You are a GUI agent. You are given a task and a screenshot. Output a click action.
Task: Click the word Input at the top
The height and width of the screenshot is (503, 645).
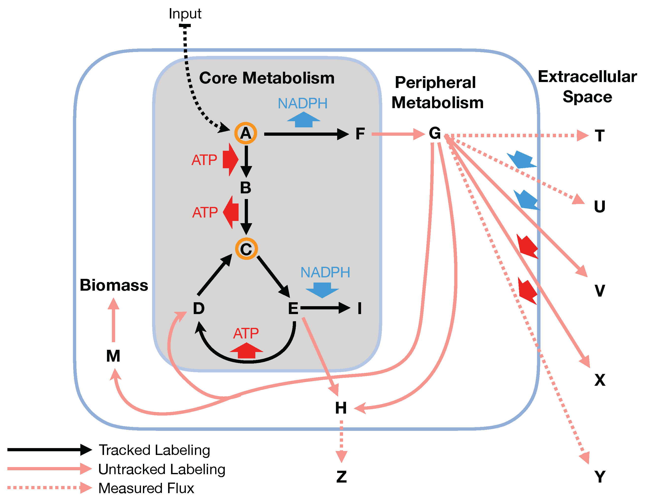tap(185, 14)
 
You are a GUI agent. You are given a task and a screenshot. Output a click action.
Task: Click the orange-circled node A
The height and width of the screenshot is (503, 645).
tap(245, 134)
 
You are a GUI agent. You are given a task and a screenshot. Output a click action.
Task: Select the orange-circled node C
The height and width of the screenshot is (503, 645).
tap(246, 249)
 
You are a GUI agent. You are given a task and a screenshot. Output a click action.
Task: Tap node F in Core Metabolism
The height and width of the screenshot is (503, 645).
tap(360, 134)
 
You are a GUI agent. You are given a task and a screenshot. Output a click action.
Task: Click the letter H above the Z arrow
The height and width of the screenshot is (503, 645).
tap(341, 408)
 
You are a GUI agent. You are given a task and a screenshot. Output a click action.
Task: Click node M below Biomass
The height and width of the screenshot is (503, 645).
tap(113, 356)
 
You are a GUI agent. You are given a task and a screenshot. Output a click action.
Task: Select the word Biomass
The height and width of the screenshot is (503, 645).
tap(114, 285)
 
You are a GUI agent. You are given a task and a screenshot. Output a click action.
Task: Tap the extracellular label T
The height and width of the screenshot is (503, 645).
tap(599, 136)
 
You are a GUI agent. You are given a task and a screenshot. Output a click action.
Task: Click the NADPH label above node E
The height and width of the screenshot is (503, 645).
tap(325, 272)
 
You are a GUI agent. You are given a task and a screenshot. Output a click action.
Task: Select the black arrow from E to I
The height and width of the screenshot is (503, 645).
tap(325, 308)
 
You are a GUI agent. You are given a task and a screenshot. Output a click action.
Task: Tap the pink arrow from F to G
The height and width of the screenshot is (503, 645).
tap(397, 134)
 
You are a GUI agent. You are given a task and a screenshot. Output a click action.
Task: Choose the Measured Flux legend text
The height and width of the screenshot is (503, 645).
tap(146, 488)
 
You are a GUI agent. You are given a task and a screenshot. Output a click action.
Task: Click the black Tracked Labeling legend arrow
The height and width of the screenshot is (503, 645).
tap(49, 450)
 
